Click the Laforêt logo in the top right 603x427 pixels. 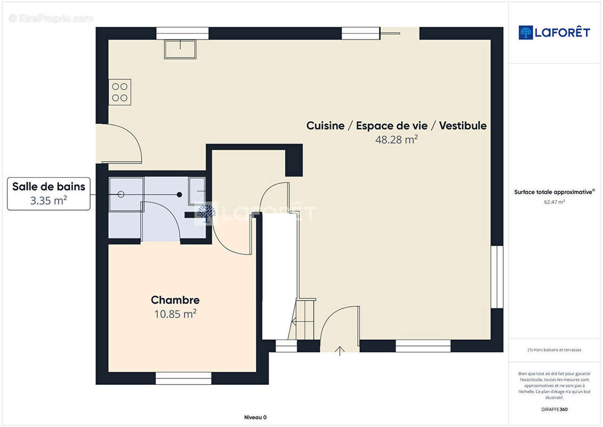[554, 33]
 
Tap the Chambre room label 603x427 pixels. [175, 300]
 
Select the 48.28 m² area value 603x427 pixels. [397, 139]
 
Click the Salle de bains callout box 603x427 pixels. [49, 194]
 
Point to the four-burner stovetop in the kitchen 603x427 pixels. [119, 92]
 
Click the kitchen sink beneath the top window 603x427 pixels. [180, 49]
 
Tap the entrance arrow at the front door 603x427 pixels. [340, 351]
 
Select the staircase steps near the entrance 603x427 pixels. [303, 319]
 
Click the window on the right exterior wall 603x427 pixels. [497, 277]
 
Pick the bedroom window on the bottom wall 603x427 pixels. [183, 378]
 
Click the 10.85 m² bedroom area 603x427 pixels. [175, 314]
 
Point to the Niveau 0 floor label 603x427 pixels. [255, 417]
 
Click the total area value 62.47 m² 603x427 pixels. [554, 202]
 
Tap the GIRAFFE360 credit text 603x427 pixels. [554, 409]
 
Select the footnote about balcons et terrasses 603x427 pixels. [554, 350]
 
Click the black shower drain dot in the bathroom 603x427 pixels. [179, 194]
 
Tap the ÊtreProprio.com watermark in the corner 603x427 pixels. [51, 18]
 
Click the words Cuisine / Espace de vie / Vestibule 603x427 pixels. [397, 125]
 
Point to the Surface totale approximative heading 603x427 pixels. [554, 192]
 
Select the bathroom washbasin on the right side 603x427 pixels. [197, 191]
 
